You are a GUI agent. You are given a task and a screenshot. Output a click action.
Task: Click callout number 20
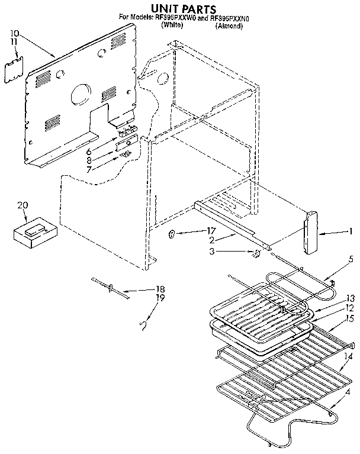(22, 205)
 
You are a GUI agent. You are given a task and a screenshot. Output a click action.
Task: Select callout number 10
(15, 33)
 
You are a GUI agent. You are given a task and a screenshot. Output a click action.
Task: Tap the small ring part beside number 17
(171, 235)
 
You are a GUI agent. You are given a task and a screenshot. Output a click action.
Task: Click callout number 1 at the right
(351, 231)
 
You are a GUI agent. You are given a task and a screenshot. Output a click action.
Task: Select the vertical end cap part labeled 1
(310, 233)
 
